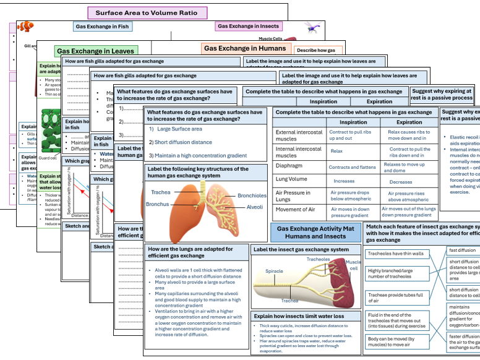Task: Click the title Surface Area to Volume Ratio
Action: pyautogui.click(x=147, y=12)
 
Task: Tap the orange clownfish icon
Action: pyautogui.click(x=25, y=27)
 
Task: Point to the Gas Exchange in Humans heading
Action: pyautogui.click(x=245, y=48)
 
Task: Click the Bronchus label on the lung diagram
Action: pyautogui.click(x=157, y=204)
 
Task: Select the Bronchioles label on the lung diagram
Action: pyautogui.click(x=252, y=195)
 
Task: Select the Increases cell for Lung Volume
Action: pyautogui.click(x=344, y=181)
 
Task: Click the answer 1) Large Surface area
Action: pyautogui.click(x=175, y=129)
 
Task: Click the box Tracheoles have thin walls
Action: pyautogui.click(x=396, y=254)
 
